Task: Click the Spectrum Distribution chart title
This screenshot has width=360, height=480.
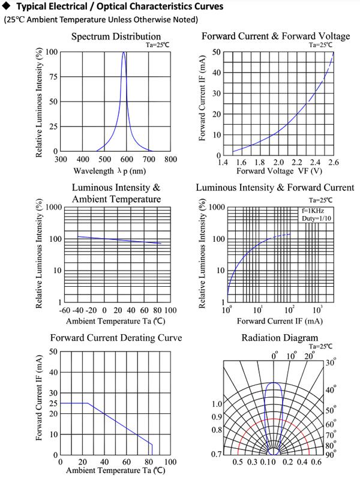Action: (116, 37)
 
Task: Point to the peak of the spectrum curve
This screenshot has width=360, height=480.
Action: (124, 52)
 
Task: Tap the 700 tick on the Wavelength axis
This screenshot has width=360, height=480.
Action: (149, 159)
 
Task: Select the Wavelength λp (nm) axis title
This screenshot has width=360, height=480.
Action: (110, 171)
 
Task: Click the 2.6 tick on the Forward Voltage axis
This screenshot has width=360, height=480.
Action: (334, 162)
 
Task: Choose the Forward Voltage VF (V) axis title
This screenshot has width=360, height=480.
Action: (279, 171)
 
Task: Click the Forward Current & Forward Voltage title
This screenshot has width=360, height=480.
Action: (275, 36)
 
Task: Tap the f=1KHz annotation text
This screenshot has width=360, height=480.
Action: (313, 211)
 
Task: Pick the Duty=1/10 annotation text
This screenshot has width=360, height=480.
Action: (316, 218)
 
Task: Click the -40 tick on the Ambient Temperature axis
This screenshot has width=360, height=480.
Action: (77, 310)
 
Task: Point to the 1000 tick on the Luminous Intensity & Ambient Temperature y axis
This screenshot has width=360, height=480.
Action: (54, 207)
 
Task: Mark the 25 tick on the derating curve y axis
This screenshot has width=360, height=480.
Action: (53, 403)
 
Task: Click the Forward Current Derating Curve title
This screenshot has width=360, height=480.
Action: (116, 338)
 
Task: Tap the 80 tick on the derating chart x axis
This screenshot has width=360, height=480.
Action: (148, 461)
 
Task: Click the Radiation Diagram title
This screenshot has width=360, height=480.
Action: (280, 338)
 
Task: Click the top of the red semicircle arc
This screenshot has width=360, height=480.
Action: (274, 419)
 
